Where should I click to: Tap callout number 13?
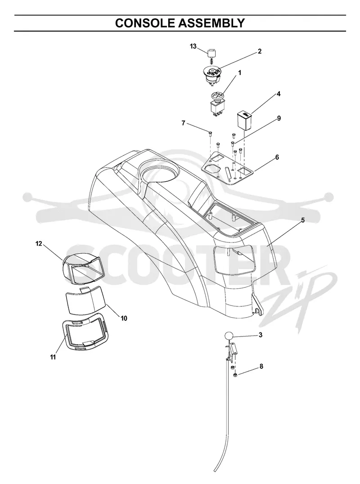(193, 46)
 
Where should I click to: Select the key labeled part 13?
(211, 54)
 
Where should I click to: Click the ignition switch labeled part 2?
(211, 75)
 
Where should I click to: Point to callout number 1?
(239, 73)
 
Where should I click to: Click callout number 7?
(184, 123)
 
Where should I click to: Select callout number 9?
(279, 118)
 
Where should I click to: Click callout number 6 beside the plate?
(277, 157)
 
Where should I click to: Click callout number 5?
(303, 220)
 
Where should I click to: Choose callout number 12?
(39, 244)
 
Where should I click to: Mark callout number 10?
(124, 318)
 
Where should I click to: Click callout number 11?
(53, 357)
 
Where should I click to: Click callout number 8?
(261, 367)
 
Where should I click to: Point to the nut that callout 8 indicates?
(234, 375)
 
